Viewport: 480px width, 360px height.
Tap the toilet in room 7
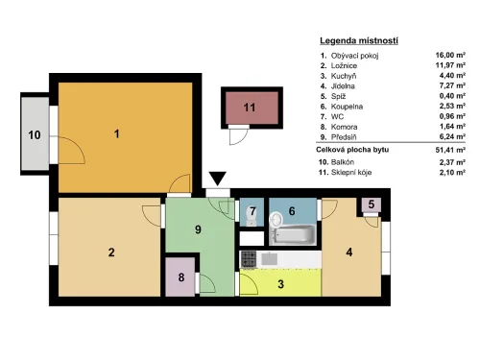click(251, 218)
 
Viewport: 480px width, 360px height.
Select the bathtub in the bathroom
click(294, 234)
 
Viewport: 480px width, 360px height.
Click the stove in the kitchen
click(249, 259)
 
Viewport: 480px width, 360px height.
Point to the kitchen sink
click(269, 258)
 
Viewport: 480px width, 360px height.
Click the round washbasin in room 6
click(276, 220)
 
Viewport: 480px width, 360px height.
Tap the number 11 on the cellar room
click(250, 108)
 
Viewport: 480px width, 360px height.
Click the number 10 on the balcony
click(35, 135)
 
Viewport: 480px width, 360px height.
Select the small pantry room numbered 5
click(372, 204)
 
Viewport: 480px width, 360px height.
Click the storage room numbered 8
click(180, 276)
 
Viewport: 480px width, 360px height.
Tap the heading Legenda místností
click(359, 40)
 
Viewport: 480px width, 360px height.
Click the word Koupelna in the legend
click(347, 107)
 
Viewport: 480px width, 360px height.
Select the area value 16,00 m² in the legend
click(450, 55)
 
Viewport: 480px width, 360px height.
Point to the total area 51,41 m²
click(450, 150)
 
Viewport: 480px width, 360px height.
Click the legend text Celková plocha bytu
click(352, 150)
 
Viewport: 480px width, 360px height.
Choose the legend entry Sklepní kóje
click(351, 173)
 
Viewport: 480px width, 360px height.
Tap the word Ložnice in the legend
click(344, 65)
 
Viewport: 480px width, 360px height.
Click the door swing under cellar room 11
click(239, 135)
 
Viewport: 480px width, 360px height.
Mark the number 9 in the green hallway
click(198, 229)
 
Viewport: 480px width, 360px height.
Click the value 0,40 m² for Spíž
click(452, 96)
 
